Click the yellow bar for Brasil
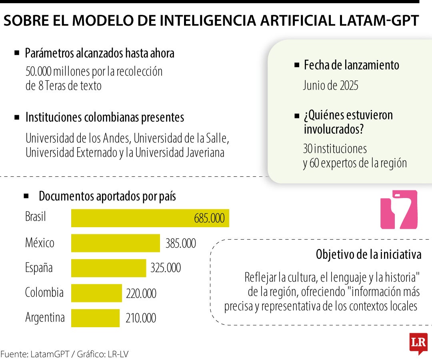(150, 218)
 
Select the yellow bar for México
(116, 243)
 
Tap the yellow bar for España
(108, 268)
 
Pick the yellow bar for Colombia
(96, 293)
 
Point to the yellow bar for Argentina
(95, 318)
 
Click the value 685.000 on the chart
(209, 218)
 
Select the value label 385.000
(181, 243)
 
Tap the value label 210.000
(141, 318)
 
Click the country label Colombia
(44, 292)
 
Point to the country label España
(39, 267)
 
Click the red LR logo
(418, 343)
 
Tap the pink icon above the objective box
(398, 210)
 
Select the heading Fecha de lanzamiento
(351, 65)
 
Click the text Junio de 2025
(330, 86)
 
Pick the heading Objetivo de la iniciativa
(368, 254)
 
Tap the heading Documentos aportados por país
(107, 196)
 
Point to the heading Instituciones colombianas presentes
(104, 118)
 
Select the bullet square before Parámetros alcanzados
(17, 53)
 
